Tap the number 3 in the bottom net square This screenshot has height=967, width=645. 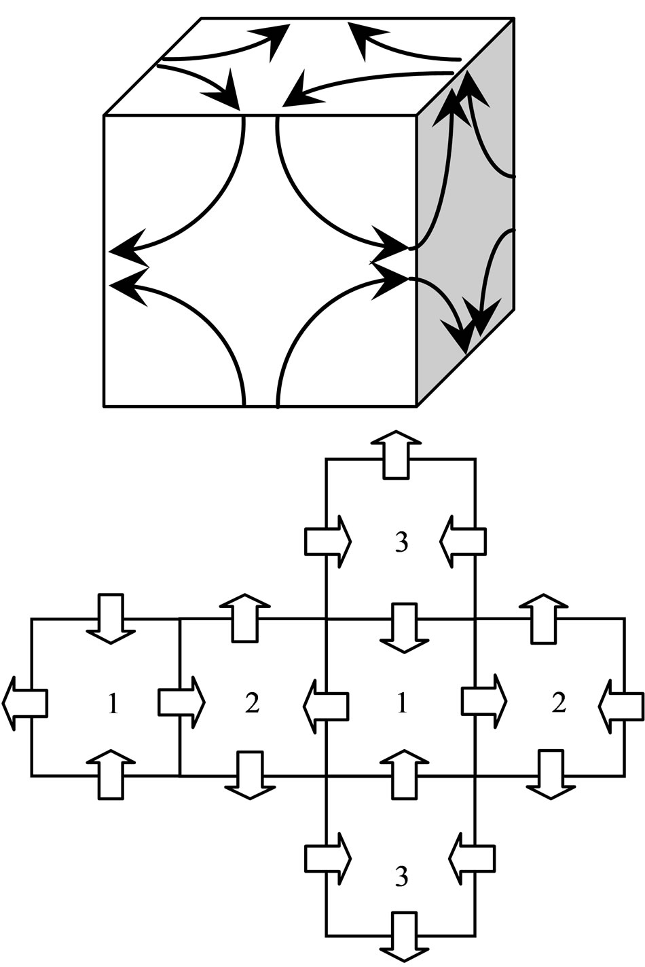pos(401,877)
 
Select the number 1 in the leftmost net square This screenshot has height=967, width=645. pos(113,704)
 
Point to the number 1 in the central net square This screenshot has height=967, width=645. pos(401,704)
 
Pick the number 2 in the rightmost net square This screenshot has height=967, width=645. pos(558,704)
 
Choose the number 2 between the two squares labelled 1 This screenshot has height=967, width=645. pos(252,704)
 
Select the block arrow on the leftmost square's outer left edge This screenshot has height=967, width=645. pos(25,703)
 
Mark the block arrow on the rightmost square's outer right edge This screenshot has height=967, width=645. pos(621,704)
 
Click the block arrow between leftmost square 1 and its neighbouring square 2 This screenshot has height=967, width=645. pos(181,702)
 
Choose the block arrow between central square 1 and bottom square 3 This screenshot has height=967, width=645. pos(404,774)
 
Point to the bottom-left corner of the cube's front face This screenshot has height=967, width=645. pos(104,406)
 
